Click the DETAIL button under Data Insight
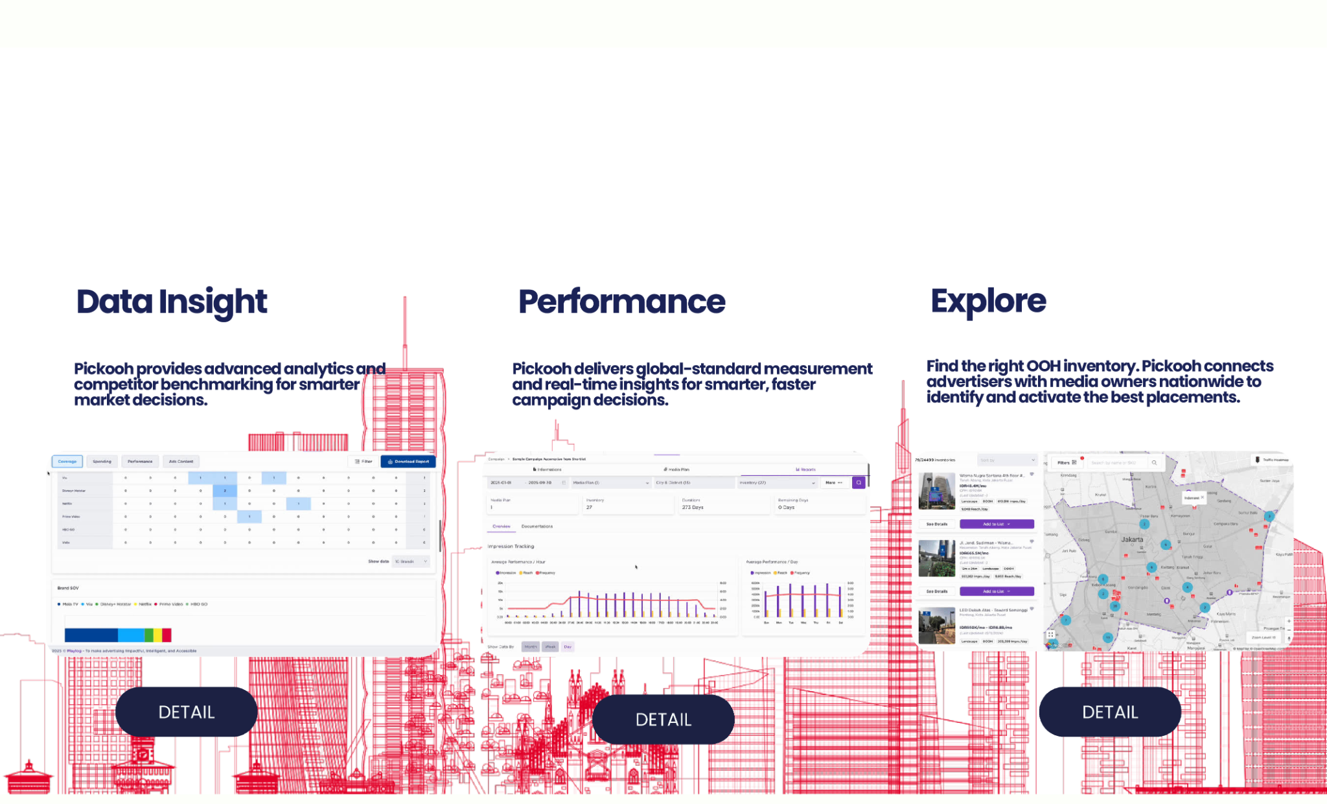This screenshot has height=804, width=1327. coord(187,712)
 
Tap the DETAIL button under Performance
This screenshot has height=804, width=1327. coord(663,720)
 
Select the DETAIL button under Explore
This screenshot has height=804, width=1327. coord(1110,712)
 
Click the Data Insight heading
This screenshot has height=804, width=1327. coord(172,301)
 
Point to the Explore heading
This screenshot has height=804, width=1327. coord(988,301)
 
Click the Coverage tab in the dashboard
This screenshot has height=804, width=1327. coord(67,462)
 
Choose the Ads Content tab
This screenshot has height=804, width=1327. coord(181,462)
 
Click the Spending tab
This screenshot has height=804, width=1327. coord(102,462)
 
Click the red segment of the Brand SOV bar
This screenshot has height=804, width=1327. coord(167,635)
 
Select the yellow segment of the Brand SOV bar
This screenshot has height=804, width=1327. coord(157,635)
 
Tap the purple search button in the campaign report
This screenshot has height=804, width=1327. coord(859,482)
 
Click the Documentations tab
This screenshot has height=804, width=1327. coord(537,526)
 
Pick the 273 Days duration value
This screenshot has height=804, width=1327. coord(693,507)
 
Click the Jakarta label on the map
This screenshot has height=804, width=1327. coord(1132,539)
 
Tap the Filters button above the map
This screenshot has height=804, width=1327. coord(1067,462)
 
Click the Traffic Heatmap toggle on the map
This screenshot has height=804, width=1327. coord(1272,460)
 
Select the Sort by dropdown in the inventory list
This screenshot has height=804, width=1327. coord(1007,460)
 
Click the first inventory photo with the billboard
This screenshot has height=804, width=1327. coord(936,491)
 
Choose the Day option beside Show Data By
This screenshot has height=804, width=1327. coord(568,646)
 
